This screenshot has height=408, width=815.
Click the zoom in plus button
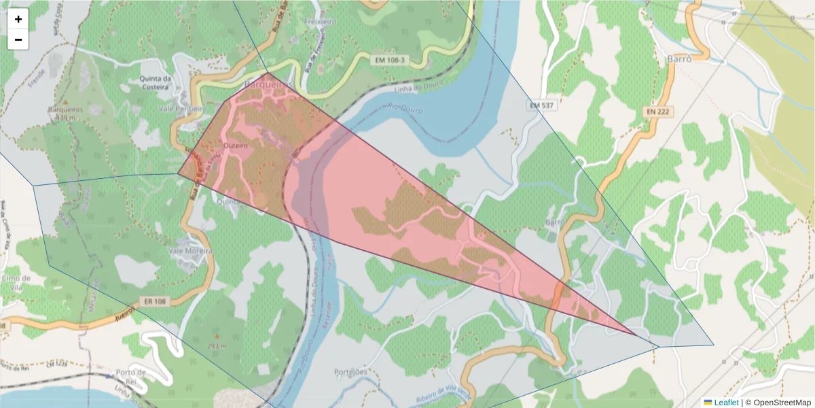pos(18,19)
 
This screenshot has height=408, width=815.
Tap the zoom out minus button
pos(18,39)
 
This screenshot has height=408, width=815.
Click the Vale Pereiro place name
pos(181,109)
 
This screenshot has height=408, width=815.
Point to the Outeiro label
pos(234,146)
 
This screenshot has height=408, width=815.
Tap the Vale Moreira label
pos(189,251)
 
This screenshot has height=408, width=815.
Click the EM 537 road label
pos(541,105)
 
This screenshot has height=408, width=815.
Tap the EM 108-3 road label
pos(390,61)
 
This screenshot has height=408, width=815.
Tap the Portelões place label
pos(350,372)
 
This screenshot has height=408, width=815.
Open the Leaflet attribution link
pos(726,403)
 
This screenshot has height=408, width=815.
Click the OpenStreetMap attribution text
pos(778,403)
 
